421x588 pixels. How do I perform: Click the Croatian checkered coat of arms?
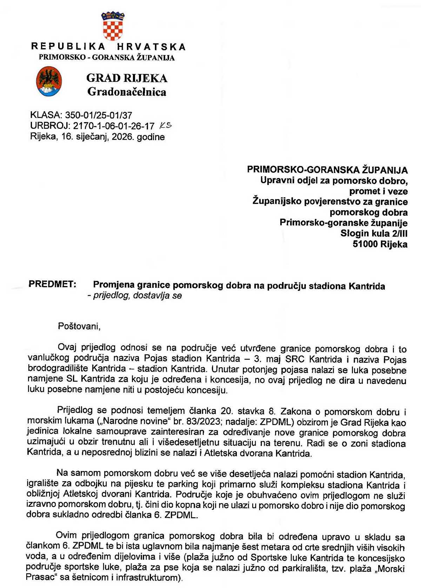tap(113, 26)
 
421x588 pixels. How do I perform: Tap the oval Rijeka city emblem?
tap(49, 82)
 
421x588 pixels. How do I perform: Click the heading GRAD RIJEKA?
tap(127, 78)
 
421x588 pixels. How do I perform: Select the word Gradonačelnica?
tap(127, 92)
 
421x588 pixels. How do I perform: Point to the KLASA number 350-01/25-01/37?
tap(99, 115)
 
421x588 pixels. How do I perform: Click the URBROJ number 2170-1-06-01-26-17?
tap(114, 126)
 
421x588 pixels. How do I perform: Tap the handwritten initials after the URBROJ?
tap(166, 125)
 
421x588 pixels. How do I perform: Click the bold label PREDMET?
tap(52, 284)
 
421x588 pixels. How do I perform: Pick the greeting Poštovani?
tap(79, 326)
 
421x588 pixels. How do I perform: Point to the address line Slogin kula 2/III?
tap(374, 234)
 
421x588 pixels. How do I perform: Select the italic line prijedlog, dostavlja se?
tap(135, 296)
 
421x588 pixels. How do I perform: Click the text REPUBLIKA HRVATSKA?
tap(108, 47)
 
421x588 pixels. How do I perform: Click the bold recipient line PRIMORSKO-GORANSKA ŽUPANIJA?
tap(327, 170)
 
